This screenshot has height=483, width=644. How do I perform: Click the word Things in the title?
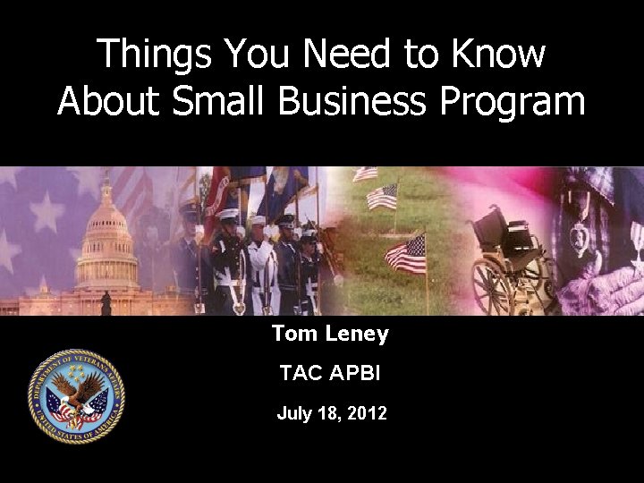151,55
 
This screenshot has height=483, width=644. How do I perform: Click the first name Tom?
293,335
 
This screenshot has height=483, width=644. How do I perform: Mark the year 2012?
369,414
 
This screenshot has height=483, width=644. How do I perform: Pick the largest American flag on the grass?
405,254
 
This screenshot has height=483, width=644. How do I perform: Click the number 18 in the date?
333,414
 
